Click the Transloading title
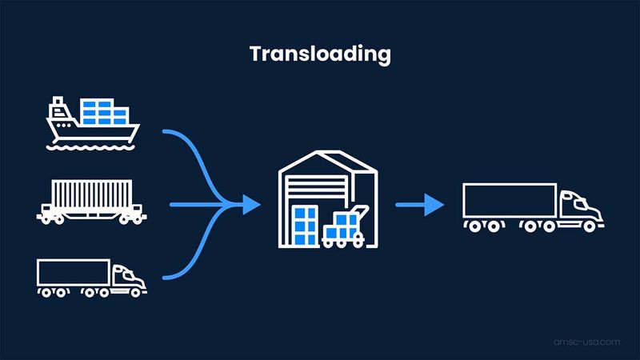[320, 54]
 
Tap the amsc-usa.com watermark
[587, 342]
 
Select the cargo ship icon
[92, 123]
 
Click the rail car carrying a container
[91, 202]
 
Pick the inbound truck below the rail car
[91, 278]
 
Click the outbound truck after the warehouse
[534, 208]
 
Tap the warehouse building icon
[328, 199]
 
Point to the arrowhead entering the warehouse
[251, 205]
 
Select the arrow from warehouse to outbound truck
[420, 205]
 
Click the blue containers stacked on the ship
[105, 112]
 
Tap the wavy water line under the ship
[90, 147]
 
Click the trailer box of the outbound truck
[510, 200]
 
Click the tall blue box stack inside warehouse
[306, 226]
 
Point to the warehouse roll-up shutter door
[317, 190]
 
